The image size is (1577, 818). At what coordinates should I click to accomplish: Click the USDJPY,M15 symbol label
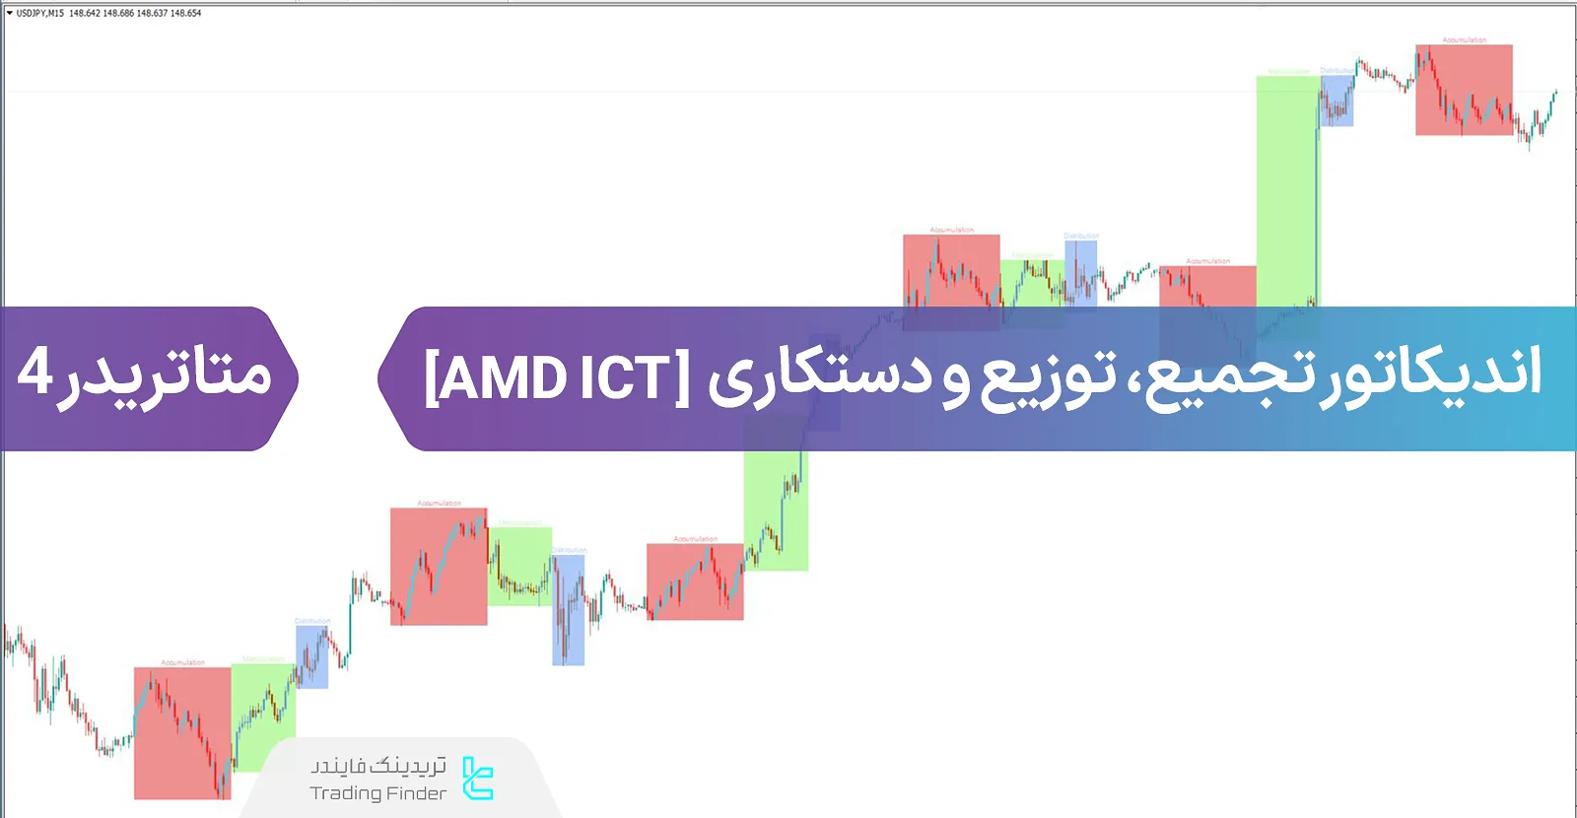(x=39, y=14)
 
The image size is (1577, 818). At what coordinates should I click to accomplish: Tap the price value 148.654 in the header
(x=185, y=14)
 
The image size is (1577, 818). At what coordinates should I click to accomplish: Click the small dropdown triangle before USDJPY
(x=10, y=14)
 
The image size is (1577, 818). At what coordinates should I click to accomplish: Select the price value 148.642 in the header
(x=85, y=14)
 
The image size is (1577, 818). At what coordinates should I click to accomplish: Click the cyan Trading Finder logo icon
(x=478, y=779)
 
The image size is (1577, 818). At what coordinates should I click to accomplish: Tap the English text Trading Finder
(x=377, y=793)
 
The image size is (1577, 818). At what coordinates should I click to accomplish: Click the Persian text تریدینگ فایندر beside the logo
(x=378, y=766)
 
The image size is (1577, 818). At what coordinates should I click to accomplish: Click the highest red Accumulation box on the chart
(x=1464, y=90)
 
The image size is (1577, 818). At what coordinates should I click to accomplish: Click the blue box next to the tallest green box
(x=1337, y=101)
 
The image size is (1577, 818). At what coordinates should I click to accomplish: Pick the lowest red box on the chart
(x=182, y=733)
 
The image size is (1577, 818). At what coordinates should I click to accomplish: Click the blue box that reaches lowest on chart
(x=568, y=610)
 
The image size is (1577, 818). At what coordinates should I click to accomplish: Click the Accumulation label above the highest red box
(x=1464, y=40)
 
